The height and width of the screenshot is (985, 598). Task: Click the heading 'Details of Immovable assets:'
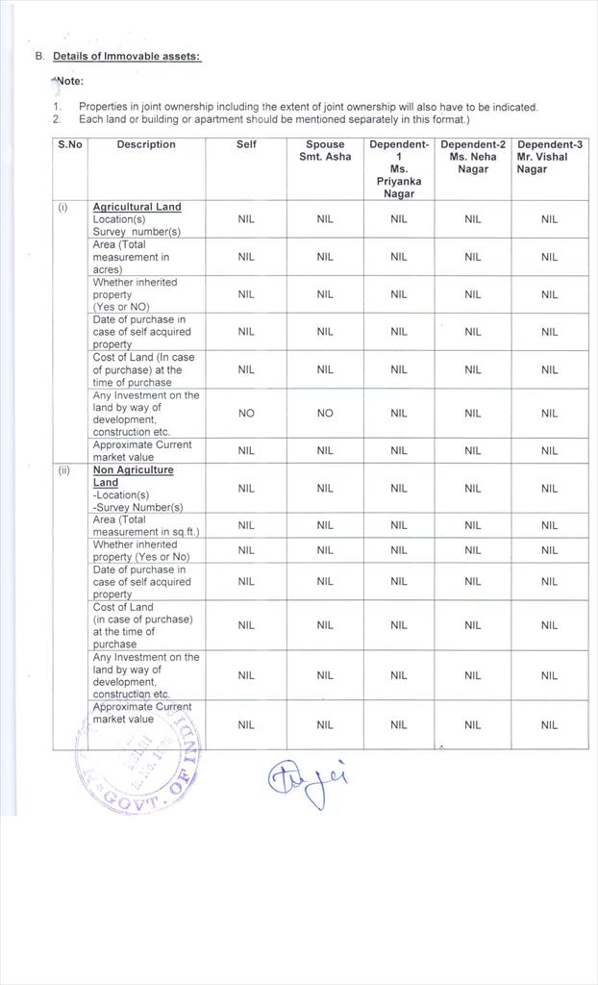[x=127, y=57]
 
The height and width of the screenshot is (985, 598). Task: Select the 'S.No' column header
[x=69, y=145]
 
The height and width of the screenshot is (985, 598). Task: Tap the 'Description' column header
[x=146, y=145]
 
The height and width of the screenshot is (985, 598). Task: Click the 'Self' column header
[x=246, y=145]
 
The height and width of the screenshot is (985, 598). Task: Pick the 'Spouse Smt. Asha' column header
[x=325, y=151]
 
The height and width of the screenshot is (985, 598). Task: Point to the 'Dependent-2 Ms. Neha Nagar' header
[x=472, y=157]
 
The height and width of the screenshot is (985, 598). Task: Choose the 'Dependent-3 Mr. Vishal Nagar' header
[x=549, y=157]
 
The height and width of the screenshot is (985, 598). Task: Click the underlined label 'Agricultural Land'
[x=137, y=207]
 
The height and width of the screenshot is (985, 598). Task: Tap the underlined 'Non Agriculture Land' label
[x=133, y=476]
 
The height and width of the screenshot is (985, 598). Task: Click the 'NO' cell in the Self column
[x=246, y=414]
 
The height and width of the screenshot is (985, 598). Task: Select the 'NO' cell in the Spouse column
[x=325, y=414]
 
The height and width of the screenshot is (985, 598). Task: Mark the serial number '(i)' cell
[x=63, y=207]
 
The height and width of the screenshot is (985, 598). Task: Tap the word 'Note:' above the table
[x=69, y=82]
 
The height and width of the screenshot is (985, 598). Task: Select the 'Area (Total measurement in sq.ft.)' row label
[x=145, y=525]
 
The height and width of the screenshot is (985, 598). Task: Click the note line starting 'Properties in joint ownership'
[x=308, y=108]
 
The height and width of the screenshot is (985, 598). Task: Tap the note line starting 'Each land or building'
[x=274, y=119]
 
